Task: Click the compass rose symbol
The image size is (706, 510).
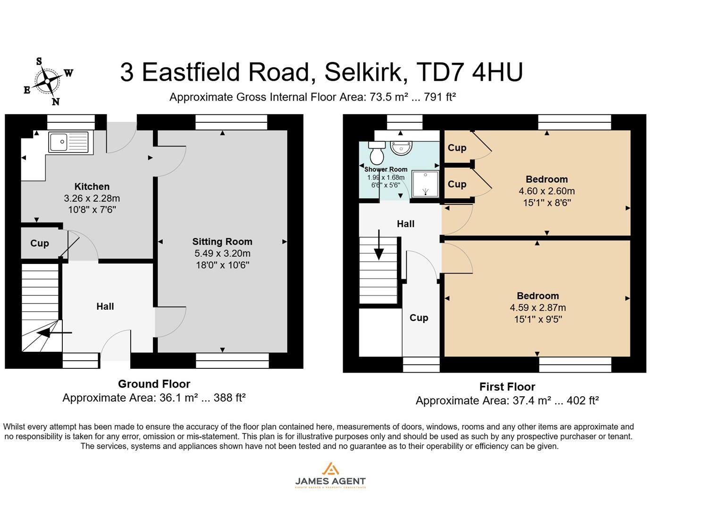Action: click(48, 81)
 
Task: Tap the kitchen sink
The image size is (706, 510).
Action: click(68, 142)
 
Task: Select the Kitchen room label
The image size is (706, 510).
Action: click(92, 187)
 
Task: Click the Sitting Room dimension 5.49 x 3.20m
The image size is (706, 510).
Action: click(222, 254)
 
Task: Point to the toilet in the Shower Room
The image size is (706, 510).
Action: click(377, 153)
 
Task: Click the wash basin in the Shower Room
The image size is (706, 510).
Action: click(401, 148)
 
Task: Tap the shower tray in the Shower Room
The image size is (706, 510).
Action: click(425, 184)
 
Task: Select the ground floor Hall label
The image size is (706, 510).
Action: click(105, 306)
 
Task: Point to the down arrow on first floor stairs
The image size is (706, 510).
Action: click(378, 246)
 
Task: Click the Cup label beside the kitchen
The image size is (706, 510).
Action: click(40, 243)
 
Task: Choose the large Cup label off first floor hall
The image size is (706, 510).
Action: click(419, 318)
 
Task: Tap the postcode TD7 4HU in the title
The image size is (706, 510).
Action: click(469, 72)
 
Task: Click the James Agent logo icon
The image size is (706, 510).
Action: click(330, 469)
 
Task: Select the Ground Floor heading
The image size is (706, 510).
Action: click(154, 384)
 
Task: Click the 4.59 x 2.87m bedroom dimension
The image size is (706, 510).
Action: click(538, 307)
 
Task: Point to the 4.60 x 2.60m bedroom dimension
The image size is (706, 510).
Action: click(546, 191)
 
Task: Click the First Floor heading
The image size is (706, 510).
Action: click(507, 387)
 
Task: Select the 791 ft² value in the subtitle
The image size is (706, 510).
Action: click(440, 97)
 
